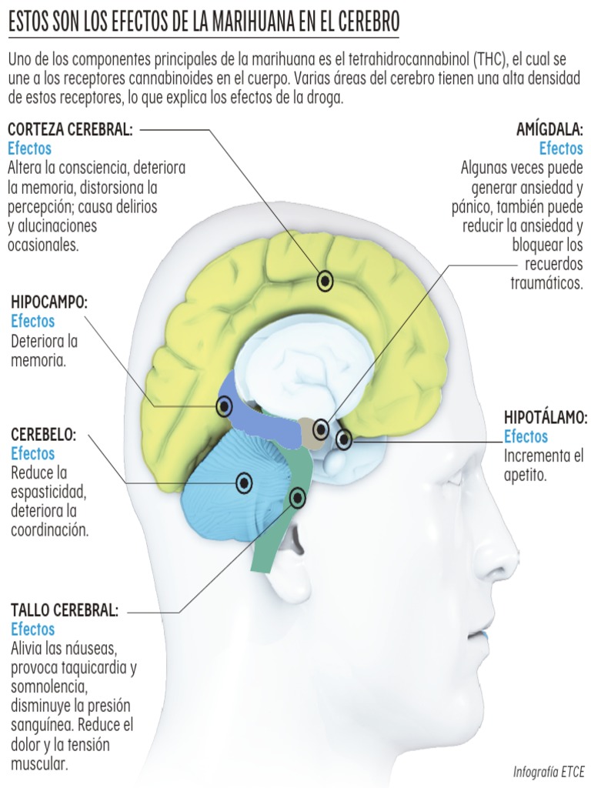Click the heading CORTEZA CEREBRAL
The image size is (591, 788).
pyautogui.click(x=70, y=129)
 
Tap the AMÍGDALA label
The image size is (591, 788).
pyautogui.click(x=549, y=129)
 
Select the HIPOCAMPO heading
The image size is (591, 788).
pyautogui.click(x=49, y=302)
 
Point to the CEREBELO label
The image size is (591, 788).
pyautogui.click(x=43, y=435)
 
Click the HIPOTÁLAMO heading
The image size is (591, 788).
pyautogui.click(x=546, y=418)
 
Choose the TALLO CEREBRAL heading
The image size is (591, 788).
pyautogui.click(x=65, y=611)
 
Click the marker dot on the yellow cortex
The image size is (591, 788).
pyautogui.click(x=325, y=281)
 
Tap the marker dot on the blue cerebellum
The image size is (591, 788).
pyautogui.click(x=244, y=482)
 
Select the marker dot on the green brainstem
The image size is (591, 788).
pyautogui.click(x=298, y=498)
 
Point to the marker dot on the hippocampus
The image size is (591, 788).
pyautogui.click(x=224, y=406)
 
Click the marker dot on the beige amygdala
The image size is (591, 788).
pyautogui.click(x=321, y=429)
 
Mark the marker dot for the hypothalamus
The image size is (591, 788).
pyautogui.click(x=344, y=439)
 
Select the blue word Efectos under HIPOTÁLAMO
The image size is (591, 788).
pyautogui.click(x=526, y=437)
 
